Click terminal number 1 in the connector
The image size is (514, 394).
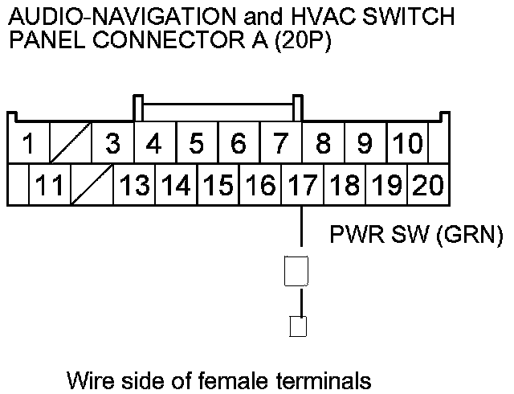[28, 145]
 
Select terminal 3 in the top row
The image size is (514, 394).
[112, 145]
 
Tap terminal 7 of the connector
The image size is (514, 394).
[280, 145]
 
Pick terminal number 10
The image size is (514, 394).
[408, 145]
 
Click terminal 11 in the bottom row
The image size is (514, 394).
[50, 186]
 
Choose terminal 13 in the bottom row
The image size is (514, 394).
[134, 186]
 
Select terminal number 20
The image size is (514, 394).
[427, 186]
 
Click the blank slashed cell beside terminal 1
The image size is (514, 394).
[71, 145]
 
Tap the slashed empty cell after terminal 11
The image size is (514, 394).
[92, 186]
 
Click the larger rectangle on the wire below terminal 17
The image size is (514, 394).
[297, 272]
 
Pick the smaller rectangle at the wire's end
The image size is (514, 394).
[297, 326]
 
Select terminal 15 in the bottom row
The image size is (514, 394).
[218, 186]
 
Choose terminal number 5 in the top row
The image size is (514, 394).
[197, 145]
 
